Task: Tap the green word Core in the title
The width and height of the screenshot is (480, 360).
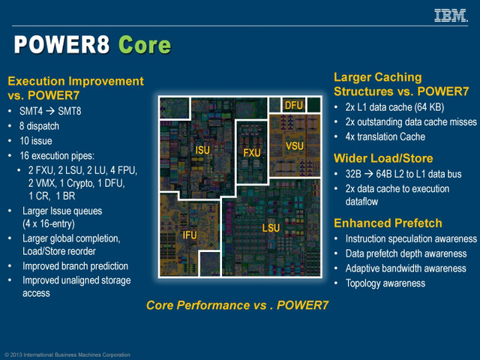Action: point(144,45)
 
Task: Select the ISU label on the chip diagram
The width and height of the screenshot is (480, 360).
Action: point(202,150)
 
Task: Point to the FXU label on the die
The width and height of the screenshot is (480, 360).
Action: point(252,152)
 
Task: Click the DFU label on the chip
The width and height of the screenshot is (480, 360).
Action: point(293,106)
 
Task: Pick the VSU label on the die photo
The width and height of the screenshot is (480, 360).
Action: point(295,145)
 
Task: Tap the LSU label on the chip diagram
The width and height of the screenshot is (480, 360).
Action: point(271,226)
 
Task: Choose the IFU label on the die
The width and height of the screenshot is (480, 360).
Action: point(190,235)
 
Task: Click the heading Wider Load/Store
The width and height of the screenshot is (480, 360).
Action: point(384,158)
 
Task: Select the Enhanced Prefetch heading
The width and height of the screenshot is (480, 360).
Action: point(388,223)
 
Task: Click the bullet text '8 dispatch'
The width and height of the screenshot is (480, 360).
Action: point(39,126)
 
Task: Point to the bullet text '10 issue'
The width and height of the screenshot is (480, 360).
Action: point(35,141)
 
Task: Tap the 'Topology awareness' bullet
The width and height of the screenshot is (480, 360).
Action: point(385,283)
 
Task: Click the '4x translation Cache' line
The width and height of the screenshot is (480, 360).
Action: point(385,136)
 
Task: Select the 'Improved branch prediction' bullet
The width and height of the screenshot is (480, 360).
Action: point(75,265)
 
